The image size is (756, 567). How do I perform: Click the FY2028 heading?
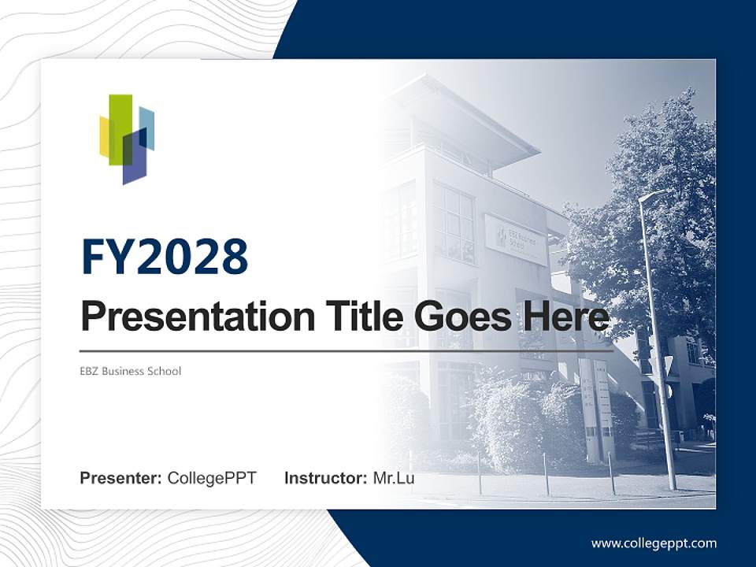165,257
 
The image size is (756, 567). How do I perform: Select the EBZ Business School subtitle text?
131,371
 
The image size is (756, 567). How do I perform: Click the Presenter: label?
120,478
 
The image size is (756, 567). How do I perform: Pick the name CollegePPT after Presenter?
212,478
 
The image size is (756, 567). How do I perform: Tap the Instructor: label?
325,478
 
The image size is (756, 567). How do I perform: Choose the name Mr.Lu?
394,478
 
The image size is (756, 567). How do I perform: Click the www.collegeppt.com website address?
654,543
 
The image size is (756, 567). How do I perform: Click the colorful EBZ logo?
127,139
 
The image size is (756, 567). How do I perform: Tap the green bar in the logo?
120,126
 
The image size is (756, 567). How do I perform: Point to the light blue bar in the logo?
147,126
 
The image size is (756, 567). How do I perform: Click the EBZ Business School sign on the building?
516,239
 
